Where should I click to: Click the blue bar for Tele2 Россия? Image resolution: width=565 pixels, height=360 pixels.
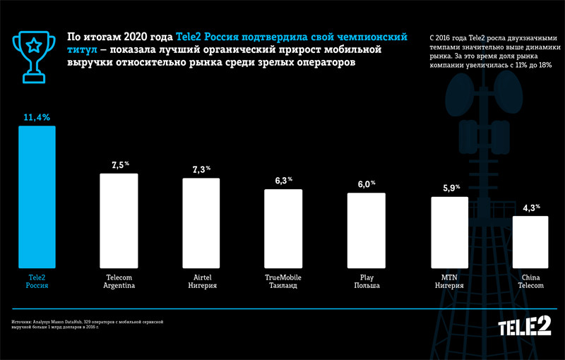click(x=36, y=198)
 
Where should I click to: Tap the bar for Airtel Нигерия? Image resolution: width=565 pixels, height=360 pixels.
click(x=201, y=224)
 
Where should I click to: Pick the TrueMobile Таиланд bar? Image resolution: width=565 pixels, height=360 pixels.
click(x=283, y=230)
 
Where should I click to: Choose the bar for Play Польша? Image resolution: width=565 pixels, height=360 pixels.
click(x=366, y=232)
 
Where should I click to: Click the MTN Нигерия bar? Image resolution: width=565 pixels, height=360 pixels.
click(x=449, y=234)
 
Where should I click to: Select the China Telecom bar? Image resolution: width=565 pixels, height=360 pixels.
click(x=530, y=244)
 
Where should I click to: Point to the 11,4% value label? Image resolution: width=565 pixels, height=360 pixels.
click(x=36, y=118)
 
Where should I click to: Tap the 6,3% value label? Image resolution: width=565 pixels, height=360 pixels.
click(x=284, y=181)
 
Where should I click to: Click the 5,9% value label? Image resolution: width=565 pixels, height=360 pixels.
click(x=450, y=188)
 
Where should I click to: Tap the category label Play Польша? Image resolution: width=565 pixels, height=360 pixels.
click(x=366, y=282)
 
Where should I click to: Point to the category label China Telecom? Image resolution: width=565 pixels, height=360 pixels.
click(x=530, y=282)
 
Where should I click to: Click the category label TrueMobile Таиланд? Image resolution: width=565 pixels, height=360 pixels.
click(x=283, y=282)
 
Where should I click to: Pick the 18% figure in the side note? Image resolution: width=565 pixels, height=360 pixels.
click(x=545, y=65)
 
